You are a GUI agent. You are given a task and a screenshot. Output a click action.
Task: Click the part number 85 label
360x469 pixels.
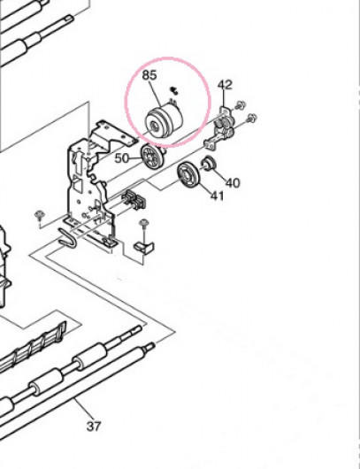point(149,75)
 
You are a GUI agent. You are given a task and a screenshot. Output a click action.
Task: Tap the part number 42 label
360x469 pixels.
point(225,85)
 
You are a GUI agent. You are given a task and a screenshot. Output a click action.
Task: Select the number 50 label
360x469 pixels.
point(122,158)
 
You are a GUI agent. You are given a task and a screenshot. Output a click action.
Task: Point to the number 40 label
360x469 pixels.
point(233,183)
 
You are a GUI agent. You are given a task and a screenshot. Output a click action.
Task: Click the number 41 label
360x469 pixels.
point(218,196)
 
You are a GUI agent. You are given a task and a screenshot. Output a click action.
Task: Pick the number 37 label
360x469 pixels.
point(94,426)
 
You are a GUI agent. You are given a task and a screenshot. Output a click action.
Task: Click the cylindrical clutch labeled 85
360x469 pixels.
point(164,121)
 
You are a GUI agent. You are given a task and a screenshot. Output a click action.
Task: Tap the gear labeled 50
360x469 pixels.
point(153,156)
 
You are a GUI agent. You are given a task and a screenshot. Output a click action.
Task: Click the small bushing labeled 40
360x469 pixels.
point(208,163)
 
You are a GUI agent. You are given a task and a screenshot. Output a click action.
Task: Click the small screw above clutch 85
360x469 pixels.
point(173,90)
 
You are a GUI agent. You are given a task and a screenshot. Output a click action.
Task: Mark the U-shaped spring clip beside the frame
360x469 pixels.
point(67,238)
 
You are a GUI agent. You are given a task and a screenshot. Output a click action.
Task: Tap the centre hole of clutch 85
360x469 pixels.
point(154,126)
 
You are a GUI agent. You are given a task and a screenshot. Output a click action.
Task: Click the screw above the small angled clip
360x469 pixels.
point(144,224)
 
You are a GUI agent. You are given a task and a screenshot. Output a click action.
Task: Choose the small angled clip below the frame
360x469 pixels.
point(144,247)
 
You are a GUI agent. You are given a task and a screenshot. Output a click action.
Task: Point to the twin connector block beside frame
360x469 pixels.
point(134,199)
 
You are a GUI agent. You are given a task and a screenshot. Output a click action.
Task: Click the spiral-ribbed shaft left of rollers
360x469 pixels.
point(33,348)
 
